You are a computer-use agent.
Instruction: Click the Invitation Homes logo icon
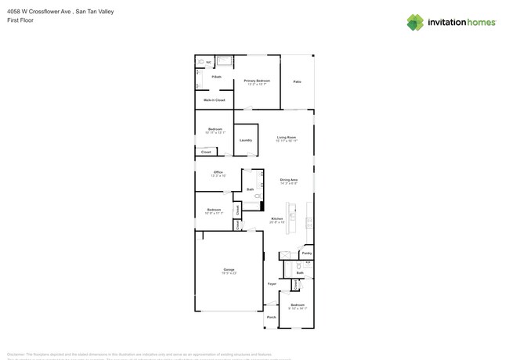pos(414,22)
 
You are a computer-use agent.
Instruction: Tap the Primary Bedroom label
pos(257,81)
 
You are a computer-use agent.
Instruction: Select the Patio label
pos(297,81)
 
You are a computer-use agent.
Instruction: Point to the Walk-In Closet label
pos(214,100)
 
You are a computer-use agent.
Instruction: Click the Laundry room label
pos(245,140)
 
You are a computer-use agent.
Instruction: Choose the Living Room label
pos(286,138)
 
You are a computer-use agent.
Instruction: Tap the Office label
pos(218,172)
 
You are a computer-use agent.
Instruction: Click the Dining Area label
pos(288,180)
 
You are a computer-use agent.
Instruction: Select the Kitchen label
pos(276,218)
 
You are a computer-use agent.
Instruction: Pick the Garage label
pos(229,269)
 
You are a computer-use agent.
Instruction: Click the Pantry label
pos(306,254)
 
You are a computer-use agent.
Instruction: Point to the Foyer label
pos(272,283)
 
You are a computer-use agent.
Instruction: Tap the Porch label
pos(271,317)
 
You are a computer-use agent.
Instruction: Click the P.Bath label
pos(215,77)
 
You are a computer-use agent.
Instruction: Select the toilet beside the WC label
pos(201,61)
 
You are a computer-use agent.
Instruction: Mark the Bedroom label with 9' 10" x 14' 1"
pos(298,305)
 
